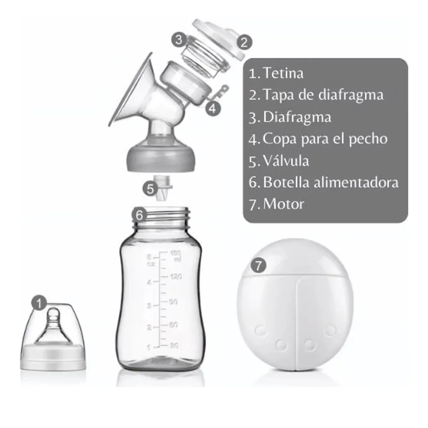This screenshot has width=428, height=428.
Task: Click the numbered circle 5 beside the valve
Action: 150,188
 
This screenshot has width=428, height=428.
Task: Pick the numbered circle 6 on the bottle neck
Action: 139,215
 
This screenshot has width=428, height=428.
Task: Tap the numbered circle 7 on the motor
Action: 259,266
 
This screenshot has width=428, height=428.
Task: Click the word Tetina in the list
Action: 283,73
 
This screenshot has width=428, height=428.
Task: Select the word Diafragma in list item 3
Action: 297,117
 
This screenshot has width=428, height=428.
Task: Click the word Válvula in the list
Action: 286,160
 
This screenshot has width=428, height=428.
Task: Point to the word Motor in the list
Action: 284,204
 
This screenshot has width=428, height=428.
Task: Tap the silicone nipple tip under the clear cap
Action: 54,314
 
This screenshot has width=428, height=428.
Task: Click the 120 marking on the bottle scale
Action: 175,276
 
